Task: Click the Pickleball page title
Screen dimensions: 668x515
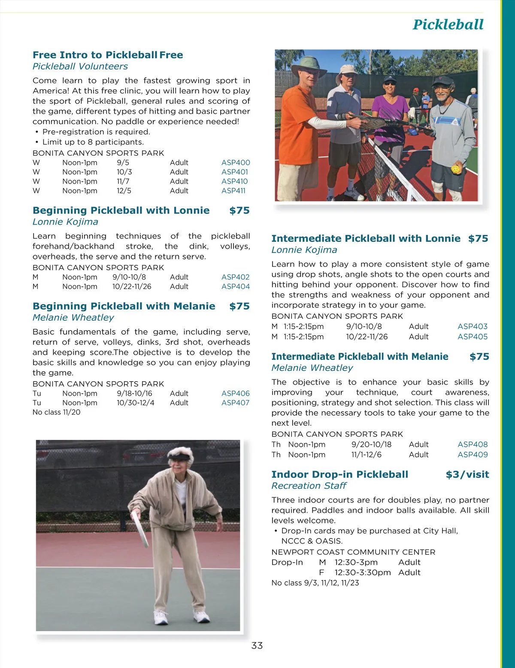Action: (448, 25)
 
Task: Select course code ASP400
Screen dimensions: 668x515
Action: (236, 162)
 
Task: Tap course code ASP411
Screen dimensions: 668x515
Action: (233, 191)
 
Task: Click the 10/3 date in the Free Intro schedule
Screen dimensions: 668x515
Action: (124, 172)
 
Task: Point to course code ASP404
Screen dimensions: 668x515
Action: (236, 286)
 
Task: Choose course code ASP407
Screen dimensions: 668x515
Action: (235, 403)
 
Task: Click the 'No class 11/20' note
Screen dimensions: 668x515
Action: (56, 412)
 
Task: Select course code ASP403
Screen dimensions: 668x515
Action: (473, 326)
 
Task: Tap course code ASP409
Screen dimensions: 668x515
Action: (473, 454)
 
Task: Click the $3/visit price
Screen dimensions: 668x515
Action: (467, 474)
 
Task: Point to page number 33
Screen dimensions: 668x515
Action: (257, 645)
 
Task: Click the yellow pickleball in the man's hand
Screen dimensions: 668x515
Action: (455, 169)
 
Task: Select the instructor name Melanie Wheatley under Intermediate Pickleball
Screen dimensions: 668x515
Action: (312, 368)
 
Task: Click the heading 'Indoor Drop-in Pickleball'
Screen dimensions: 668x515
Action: (339, 474)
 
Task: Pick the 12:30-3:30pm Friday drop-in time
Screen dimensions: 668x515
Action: (363, 572)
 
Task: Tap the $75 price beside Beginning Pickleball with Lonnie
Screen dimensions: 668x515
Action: (239, 211)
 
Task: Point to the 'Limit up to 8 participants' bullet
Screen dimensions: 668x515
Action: (93, 142)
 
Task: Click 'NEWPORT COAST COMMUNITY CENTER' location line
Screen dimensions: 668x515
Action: (353, 552)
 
